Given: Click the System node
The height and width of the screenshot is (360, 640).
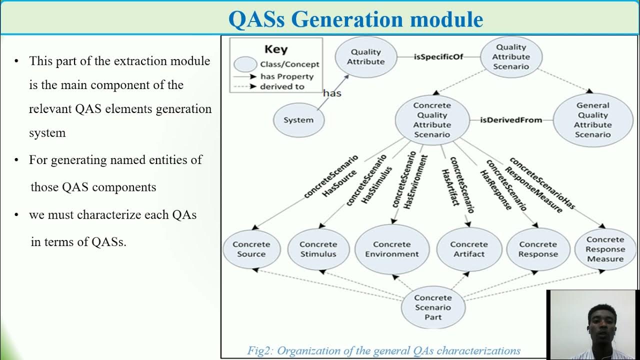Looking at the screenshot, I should coord(298,120).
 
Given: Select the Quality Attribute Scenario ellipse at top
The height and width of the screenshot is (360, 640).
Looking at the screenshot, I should coord(511,57).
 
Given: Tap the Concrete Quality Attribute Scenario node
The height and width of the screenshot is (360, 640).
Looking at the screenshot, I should coord(432,120).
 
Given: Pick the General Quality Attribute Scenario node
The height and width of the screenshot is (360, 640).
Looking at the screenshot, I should coord(593,120).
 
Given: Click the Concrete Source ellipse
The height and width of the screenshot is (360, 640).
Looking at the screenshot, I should coord(251,249).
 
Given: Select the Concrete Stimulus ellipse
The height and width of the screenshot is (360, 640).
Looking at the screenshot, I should coord(318,249).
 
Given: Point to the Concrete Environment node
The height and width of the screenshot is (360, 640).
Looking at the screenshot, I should coord(392,249).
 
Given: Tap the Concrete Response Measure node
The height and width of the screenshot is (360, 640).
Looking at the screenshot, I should coord(605,249).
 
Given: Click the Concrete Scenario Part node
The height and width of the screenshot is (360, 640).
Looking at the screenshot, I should coord(433,307).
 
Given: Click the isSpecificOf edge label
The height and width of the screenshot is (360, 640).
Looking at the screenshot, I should coord(438,56).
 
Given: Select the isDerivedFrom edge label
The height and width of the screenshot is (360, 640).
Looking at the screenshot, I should coord(511,120).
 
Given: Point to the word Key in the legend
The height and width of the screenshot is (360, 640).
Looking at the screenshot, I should coord(276,49).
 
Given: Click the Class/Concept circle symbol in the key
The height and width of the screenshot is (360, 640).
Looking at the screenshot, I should coord(245,64).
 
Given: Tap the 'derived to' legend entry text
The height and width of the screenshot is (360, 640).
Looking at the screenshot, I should coord(282,86).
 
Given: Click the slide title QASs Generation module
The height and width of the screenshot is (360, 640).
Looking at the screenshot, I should coord(355,19).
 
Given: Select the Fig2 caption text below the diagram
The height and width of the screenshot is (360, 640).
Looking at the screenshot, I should coord(383,350).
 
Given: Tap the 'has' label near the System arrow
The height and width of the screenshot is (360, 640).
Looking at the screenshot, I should coord(332,93).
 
